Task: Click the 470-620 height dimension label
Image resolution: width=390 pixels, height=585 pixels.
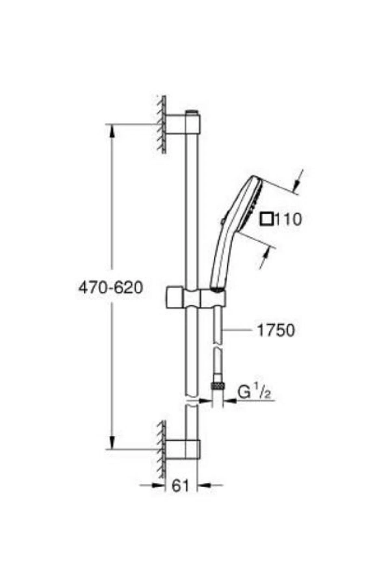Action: point(111,288)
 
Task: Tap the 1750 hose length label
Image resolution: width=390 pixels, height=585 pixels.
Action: point(276,331)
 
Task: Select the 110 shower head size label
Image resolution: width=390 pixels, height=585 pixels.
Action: point(289,220)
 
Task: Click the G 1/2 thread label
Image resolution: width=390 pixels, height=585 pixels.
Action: point(254,393)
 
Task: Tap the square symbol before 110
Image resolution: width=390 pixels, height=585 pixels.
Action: point(267,219)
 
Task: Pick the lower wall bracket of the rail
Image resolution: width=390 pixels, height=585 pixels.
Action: point(184,449)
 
